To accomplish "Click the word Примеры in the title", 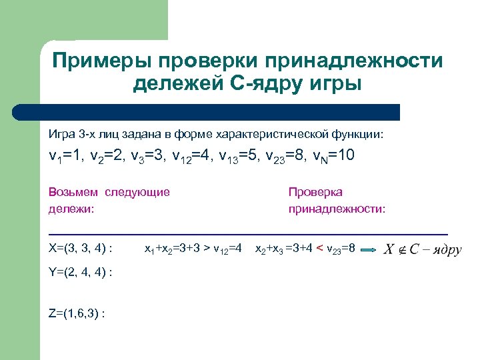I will point(101,61).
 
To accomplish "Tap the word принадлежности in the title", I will point(353,61).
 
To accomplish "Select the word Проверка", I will point(315,192).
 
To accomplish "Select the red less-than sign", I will point(320,249).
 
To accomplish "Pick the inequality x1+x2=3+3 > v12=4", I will point(193,249).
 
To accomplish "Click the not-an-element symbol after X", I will point(401,249).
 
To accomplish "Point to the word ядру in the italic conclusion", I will point(447,250).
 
